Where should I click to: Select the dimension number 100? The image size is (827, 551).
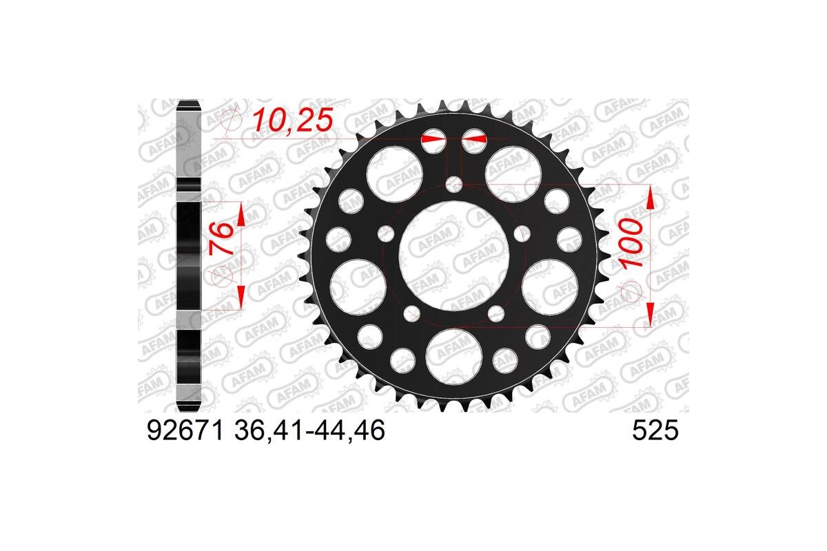tap(633, 245)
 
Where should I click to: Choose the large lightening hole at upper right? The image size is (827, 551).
tap(513, 172)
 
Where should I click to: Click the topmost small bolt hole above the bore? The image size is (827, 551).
tap(454, 184)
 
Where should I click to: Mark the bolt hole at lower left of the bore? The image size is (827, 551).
tap(412, 314)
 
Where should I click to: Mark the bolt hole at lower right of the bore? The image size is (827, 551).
tap(496, 314)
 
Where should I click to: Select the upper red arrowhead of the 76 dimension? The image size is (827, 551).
tap(241, 215)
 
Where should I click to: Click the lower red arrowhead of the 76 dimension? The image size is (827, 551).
tap(241, 297)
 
